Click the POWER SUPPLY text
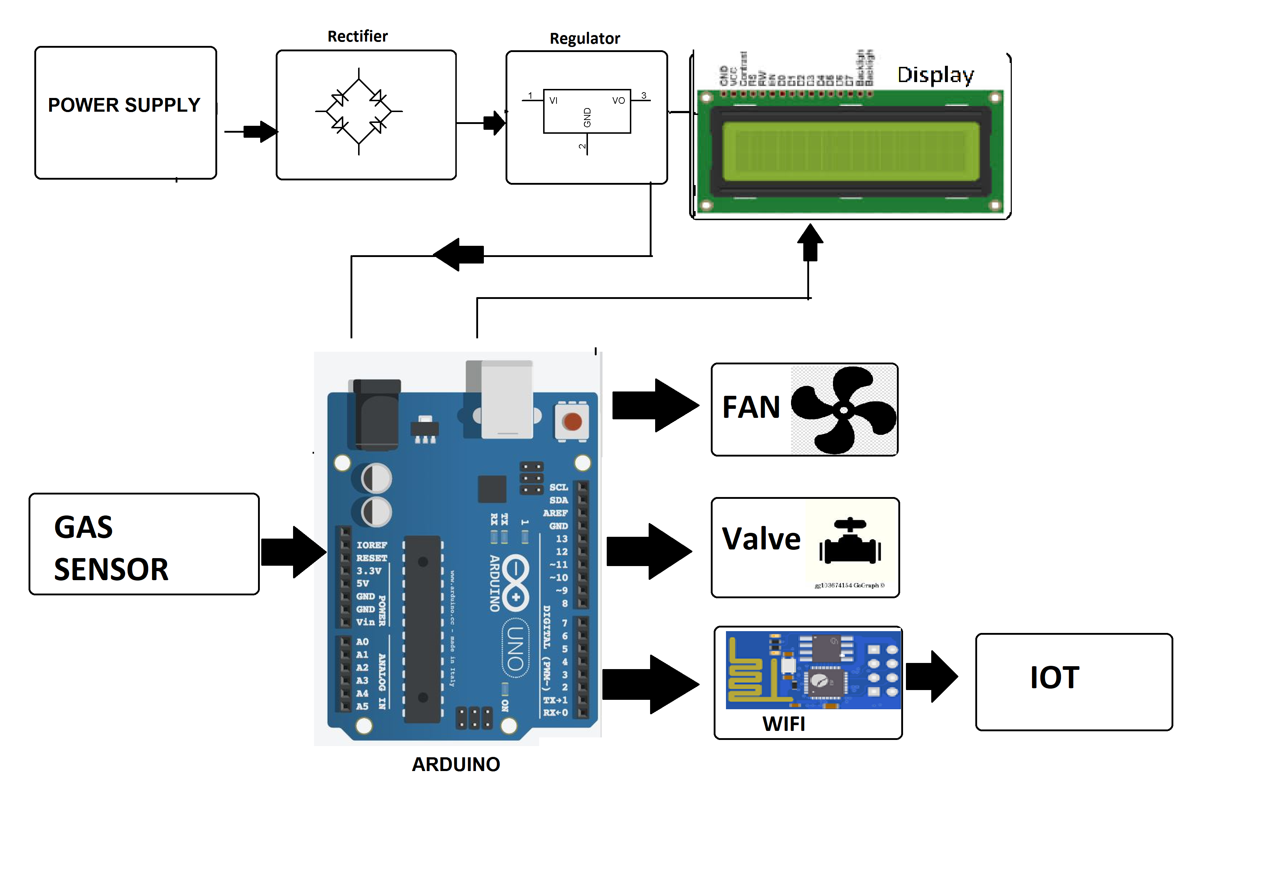124,105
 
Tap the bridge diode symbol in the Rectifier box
359,111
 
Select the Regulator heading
584,39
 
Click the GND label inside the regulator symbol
587,117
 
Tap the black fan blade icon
843,410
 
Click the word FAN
751,407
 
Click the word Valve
761,539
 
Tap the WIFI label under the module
783,724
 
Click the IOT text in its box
1054,678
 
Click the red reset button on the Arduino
572,422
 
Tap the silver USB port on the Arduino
507,399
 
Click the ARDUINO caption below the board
456,764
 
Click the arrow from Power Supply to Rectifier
260,132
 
